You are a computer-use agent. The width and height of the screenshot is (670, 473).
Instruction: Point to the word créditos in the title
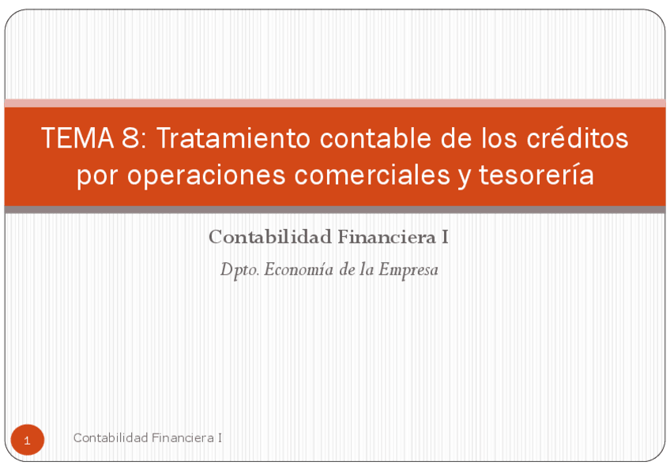coord(577,139)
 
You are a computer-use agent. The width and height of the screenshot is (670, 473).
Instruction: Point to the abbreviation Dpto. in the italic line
coord(239,270)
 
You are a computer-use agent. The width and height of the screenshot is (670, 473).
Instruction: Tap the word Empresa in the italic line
coord(408,270)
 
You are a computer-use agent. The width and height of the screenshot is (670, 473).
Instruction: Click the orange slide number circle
coord(28,440)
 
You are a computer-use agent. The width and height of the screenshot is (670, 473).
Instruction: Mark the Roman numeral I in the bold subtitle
coord(446,236)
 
